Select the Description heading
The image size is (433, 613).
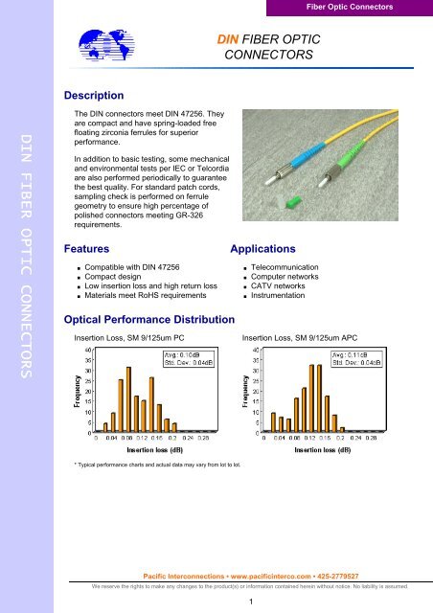(x=93, y=96)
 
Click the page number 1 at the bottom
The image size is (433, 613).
(x=248, y=602)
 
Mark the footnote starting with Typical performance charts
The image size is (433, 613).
(x=158, y=465)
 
